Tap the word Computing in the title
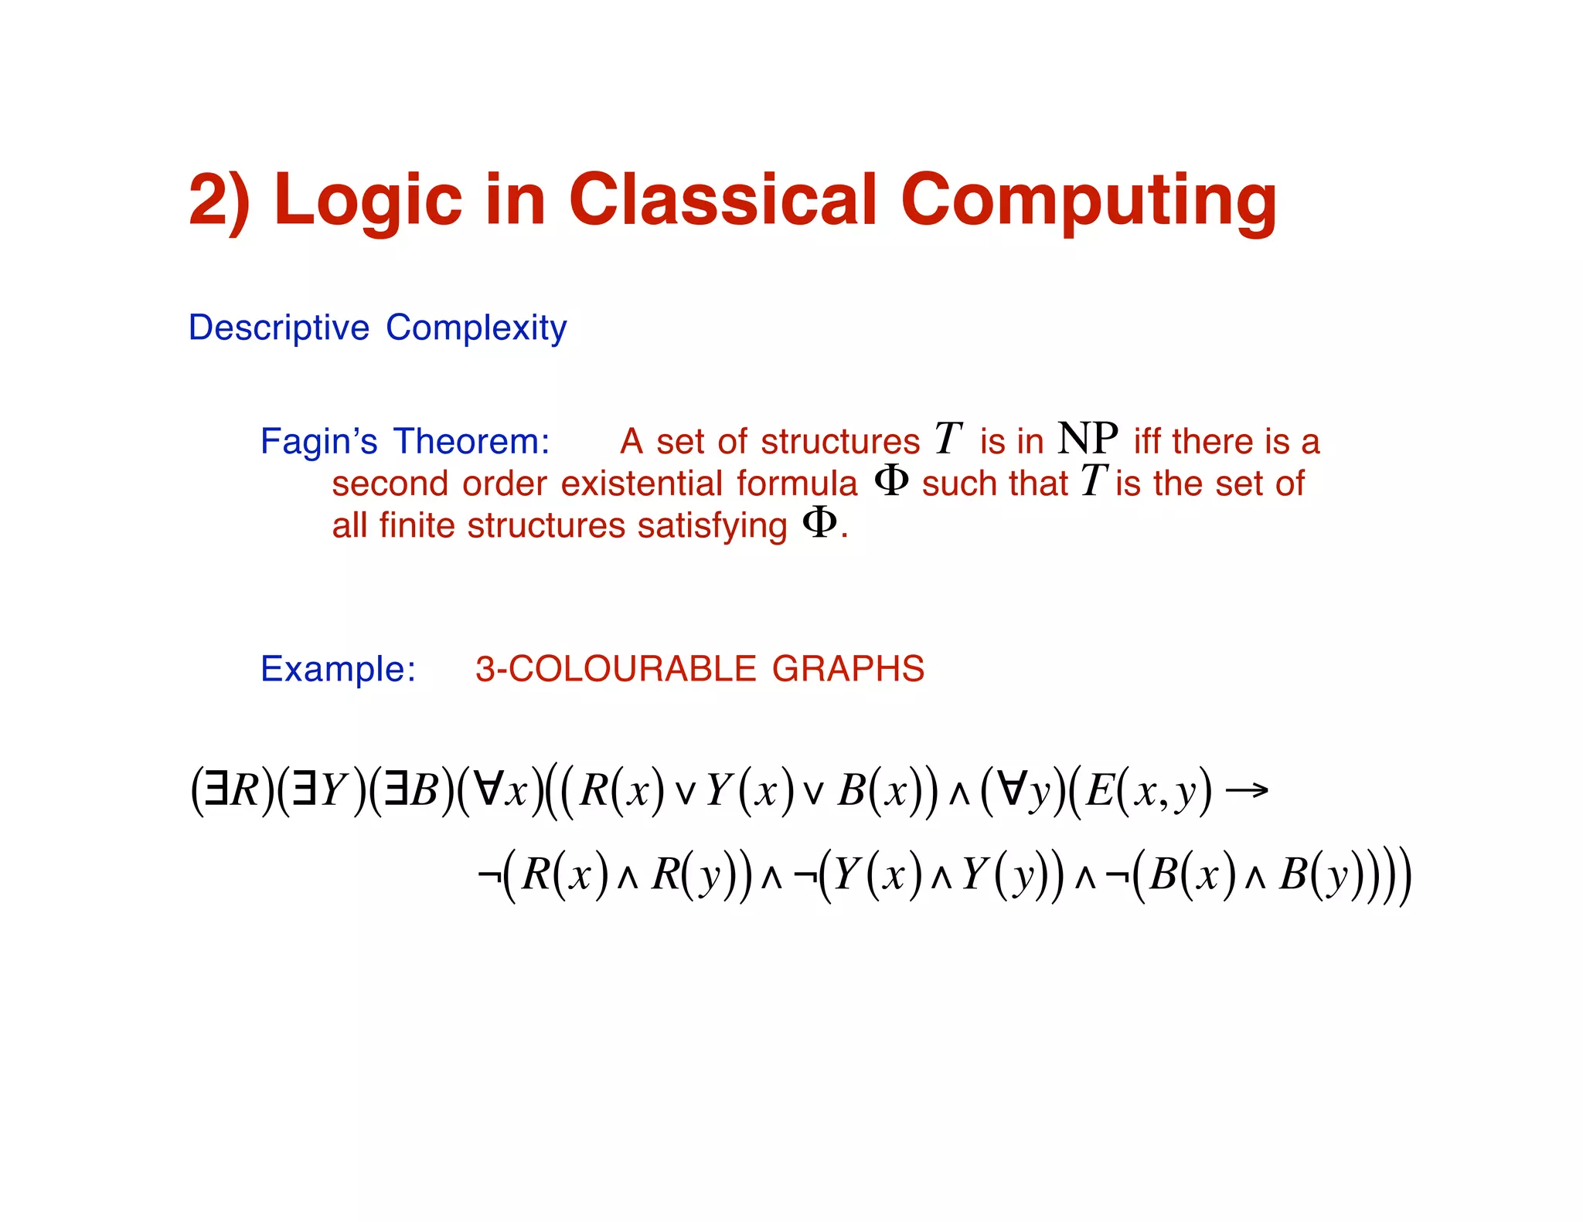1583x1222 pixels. tap(1088, 199)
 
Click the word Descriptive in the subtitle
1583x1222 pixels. tap(279, 328)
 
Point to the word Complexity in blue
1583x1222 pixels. tap(476, 328)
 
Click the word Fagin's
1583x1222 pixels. tap(318, 442)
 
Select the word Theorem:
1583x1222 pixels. tap(471, 442)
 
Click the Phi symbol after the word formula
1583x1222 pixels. tap(890, 481)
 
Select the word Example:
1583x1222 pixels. tap(338, 669)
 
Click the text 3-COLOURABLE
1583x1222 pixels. tap(615, 669)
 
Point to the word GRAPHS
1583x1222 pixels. tap(848, 669)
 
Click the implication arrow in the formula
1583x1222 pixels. tap(1247, 789)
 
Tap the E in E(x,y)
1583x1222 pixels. tap(1098, 791)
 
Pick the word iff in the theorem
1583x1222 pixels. tap(1149, 442)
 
